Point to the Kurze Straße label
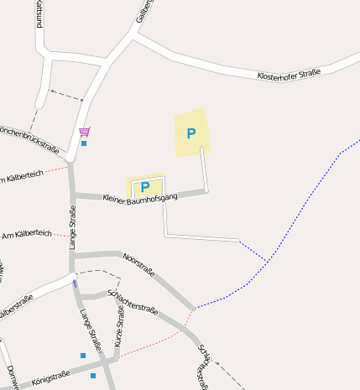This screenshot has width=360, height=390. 119,326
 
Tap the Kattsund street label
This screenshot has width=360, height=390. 39,15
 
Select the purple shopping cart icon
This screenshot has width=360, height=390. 84,132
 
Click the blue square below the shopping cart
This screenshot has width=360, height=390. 84,143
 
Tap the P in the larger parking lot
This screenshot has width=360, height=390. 191,133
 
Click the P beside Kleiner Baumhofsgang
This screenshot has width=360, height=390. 145,186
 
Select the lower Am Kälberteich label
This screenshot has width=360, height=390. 27,233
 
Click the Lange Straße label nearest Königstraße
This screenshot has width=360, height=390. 90,329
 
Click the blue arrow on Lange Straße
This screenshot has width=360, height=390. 75,283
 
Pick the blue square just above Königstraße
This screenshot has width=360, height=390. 82,356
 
